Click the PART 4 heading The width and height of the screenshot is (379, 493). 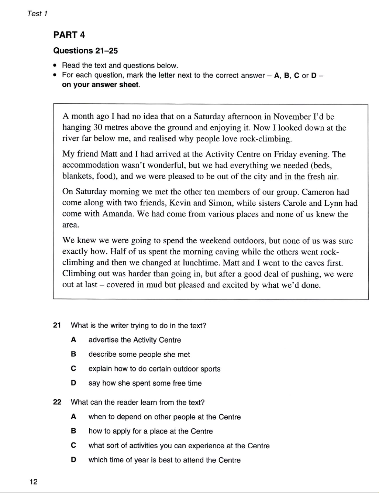[x=69, y=35]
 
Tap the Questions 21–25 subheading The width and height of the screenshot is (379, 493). [x=86, y=51]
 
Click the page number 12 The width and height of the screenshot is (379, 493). [x=34, y=482]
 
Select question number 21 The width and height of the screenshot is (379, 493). [x=57, y=326]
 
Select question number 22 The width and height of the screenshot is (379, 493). [x=57, y=403]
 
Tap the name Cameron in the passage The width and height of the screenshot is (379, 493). [x=318, y=192]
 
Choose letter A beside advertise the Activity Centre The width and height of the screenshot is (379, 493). [x=73, y=340]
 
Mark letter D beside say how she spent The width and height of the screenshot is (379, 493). [x=73, y=383]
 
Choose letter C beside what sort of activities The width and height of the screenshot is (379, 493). [x=73, y=446]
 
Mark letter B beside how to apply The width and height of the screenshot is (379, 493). [x=73, y=431]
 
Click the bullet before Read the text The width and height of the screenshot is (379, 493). [x=55, y=66]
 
